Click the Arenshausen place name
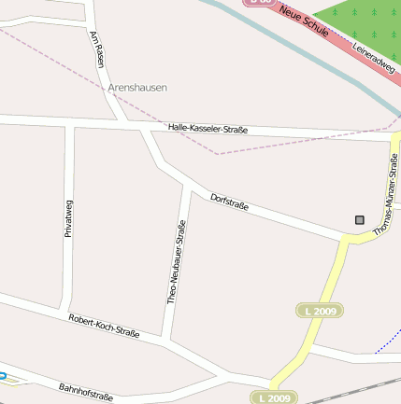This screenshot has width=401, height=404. pyautogui.click(x=137, y=87)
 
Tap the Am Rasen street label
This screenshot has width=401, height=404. pyautogui.click(x=96, y=49)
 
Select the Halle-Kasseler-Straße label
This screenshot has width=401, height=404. pyautogui.click(x=208, y=128)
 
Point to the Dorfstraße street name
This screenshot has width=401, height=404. pyautogui.click(x=229, y=200)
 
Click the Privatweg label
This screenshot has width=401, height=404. pyautogui.click(x=68, y=218)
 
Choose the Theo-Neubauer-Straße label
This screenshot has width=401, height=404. pyautogui.click(x=176, y=263)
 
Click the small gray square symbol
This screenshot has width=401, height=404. pyautogui.click(x=359, y=220)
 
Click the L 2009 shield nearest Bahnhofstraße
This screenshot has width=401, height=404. pyautogui.click(x=272, y=397)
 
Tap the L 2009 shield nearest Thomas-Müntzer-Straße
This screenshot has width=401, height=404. pyautogui.click(x=318, y=310)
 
